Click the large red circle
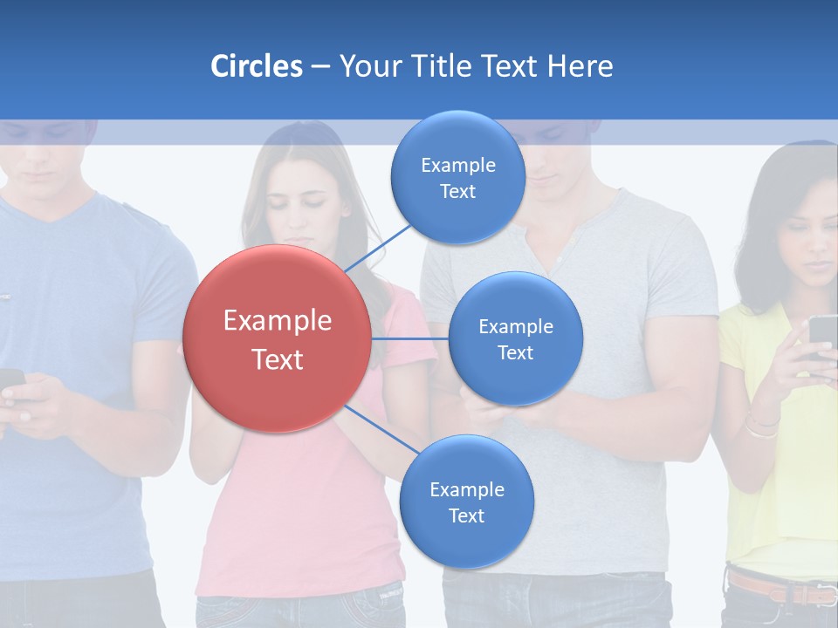277,338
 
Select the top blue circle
457,177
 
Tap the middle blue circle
515,338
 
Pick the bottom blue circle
466,502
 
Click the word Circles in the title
257,66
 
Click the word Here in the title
580,66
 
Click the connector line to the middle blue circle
409,338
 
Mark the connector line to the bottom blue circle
382,429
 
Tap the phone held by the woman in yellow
822,337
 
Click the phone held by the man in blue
10,380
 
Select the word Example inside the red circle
277,321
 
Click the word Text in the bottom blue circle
466,515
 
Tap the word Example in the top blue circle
457,165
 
